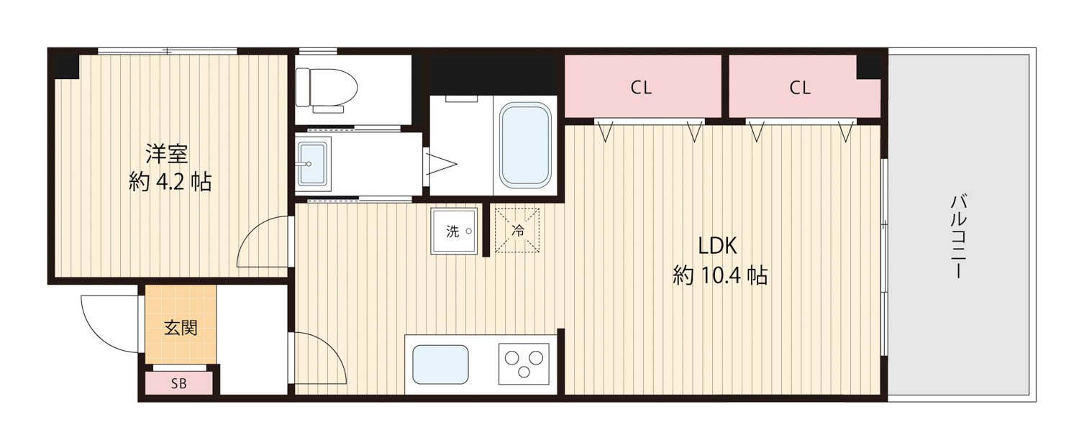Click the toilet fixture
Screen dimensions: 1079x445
[x=326, y=90]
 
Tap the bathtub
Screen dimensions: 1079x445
[x=525, y=145]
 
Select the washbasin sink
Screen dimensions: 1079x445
[x=312, y=164]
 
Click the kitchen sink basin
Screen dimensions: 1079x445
[x=440, y=364]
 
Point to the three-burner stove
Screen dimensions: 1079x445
[x=524, y=364]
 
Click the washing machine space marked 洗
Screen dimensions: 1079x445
[x=454, y=231]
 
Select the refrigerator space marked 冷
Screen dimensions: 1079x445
[x=517, y=230]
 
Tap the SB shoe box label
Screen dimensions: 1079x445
[x=178, y=384]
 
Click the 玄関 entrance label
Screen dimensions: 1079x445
[x=181, y=328]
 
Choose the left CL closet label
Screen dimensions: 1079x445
[x=641, y=88]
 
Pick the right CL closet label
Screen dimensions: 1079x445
[x=800, y=88]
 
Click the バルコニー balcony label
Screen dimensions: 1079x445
[x=959, y=237]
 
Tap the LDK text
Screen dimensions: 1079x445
[x=717, y=246]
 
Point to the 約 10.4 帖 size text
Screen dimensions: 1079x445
[x=719, y=276]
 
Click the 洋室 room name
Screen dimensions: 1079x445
[x=167, y=154]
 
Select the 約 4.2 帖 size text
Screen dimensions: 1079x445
[x=170, y=183]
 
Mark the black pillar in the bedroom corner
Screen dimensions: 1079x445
[x=67, y=66]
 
